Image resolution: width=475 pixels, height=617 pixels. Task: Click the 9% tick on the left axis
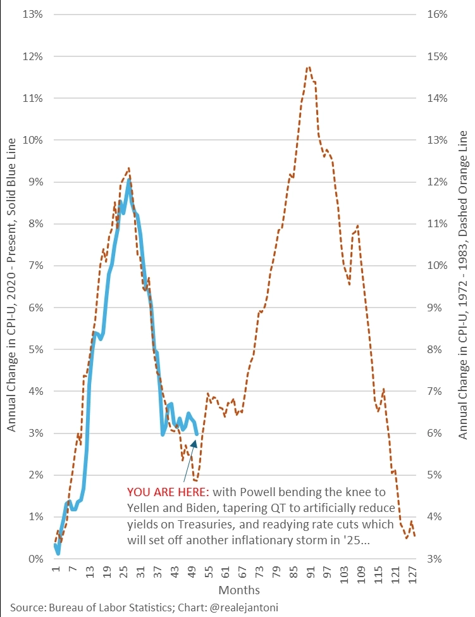coord(32,182)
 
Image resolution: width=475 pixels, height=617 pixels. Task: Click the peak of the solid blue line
coord(128,180)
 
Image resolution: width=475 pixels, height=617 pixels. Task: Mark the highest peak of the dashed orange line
coord(308,66)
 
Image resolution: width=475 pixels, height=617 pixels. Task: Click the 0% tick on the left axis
coord(32,559)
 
